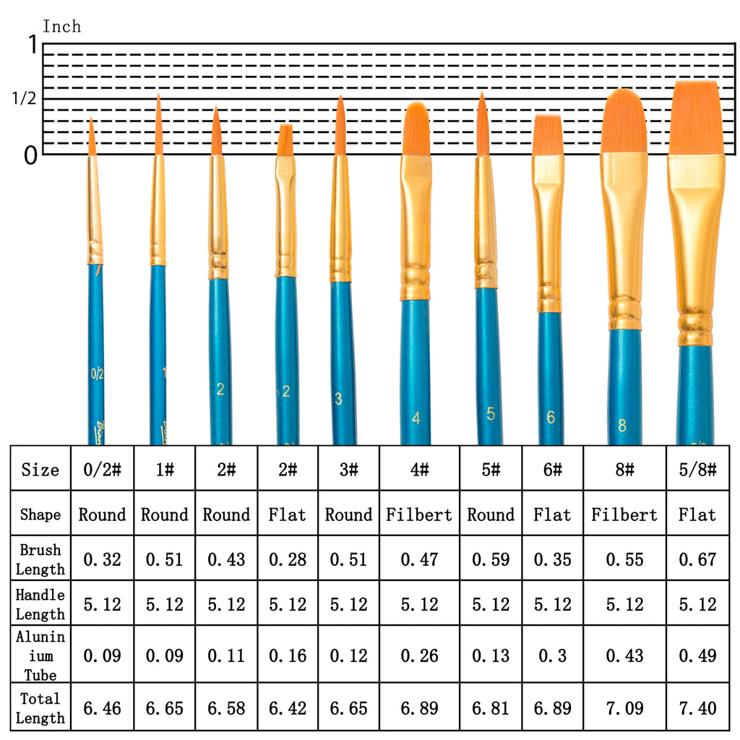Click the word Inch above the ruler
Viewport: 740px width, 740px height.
pos(62,27)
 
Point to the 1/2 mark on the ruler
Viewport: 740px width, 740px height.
pos(24,99)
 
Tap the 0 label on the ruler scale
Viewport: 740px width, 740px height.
pos(30,155)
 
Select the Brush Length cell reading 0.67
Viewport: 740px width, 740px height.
pos(697,559)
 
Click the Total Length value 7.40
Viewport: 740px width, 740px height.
pos(697,708)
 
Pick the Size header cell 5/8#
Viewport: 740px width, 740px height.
pos(697,470)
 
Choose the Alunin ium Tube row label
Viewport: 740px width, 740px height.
pos(40,655)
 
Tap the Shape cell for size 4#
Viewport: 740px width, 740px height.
pos(419,515)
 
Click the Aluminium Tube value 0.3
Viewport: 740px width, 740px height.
pos(552,655)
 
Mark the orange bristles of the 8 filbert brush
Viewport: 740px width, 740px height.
pos(624,121)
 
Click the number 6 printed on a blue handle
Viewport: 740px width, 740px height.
pos(551,417)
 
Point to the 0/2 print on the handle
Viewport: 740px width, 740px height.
pos(98,374)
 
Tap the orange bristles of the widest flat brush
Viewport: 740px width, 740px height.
pos(695,117)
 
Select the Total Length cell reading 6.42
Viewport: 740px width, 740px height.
pos(288,708)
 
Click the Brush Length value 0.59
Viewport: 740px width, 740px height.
pos(491,559)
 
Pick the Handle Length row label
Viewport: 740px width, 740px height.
pos(40,604)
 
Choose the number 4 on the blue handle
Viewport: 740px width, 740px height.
pos(416,418)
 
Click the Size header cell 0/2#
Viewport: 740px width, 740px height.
pos(102,470)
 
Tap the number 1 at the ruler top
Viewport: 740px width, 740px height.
pos(31,45)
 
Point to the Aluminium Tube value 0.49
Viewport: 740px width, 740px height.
pos(697,655)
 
